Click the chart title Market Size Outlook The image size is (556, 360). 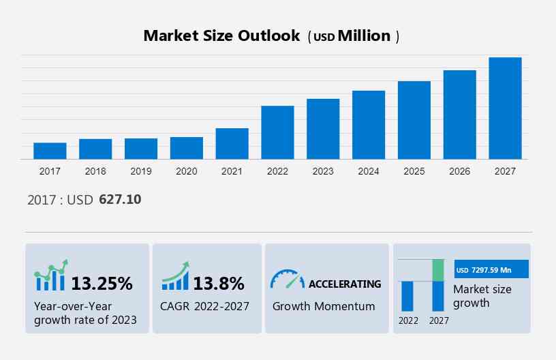click(221, 36)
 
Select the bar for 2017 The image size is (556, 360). click(50, 151)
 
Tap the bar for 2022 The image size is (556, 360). click(277, 132)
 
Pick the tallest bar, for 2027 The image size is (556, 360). click(505, 108)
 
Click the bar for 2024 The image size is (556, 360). click(369, 125)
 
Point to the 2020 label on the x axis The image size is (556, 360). click(186, 171)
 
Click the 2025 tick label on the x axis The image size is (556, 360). click(414, 171)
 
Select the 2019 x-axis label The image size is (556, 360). click(140, 171)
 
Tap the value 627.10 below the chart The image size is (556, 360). click(120, 200)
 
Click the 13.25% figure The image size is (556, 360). click(102, 283)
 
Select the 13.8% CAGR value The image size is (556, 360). click(219, 283)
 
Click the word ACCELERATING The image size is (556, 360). click(345, 284)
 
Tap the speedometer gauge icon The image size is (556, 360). click(287, 279)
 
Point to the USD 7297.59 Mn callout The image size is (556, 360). click(491, 270)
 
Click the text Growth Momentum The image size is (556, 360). click(324, 306)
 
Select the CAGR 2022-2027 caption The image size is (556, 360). click(205, 306)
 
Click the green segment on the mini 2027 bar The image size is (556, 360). click(438, 270)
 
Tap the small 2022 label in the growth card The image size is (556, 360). click(408, 320)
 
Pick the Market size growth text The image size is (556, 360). click(482, 296)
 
